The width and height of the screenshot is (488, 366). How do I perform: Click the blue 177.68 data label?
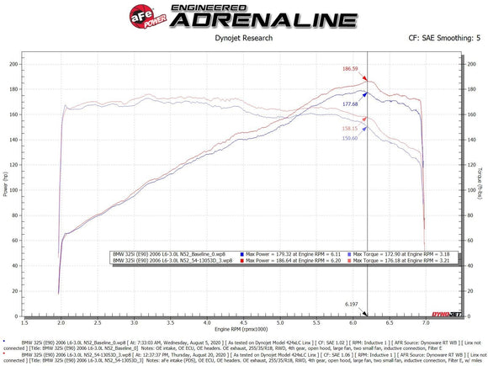pos(351,104)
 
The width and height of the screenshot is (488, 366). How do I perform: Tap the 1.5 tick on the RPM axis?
pos(28,321)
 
